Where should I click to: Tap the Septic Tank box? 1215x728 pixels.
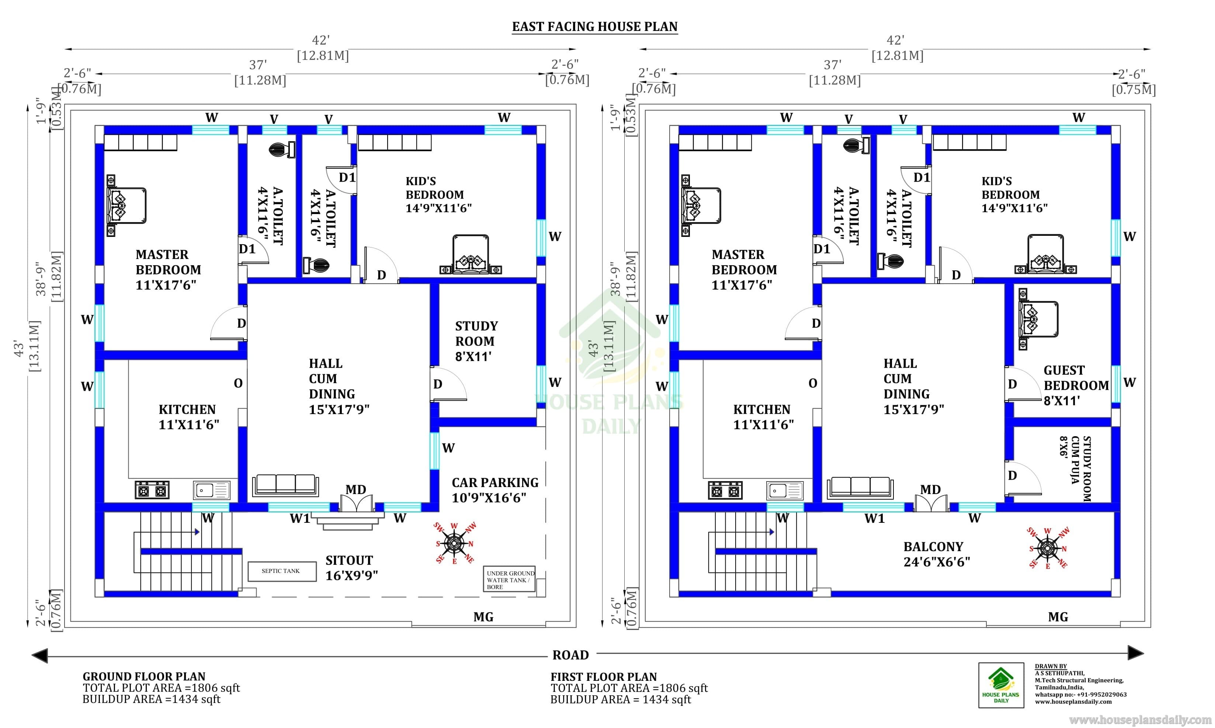[282, 571]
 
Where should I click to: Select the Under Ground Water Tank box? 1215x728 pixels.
[509, 580]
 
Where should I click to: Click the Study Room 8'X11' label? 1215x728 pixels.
[476, 342]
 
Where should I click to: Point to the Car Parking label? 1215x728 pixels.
[495, 490]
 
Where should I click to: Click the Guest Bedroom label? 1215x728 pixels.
[1076, 386]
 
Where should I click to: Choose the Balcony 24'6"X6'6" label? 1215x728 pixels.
[937, 554]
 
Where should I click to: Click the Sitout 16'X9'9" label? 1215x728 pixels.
[351, 568]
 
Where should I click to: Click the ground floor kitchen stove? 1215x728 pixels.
[152, 490]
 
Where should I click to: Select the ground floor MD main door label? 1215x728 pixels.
[355, 490]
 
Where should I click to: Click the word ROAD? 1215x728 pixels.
[570, 655]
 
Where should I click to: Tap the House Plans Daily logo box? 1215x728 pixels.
[1001, 685]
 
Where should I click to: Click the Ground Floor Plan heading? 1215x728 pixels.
[144, 676]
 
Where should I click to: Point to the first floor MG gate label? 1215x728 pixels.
[1058, 617]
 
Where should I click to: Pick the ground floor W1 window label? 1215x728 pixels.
[300, 518]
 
